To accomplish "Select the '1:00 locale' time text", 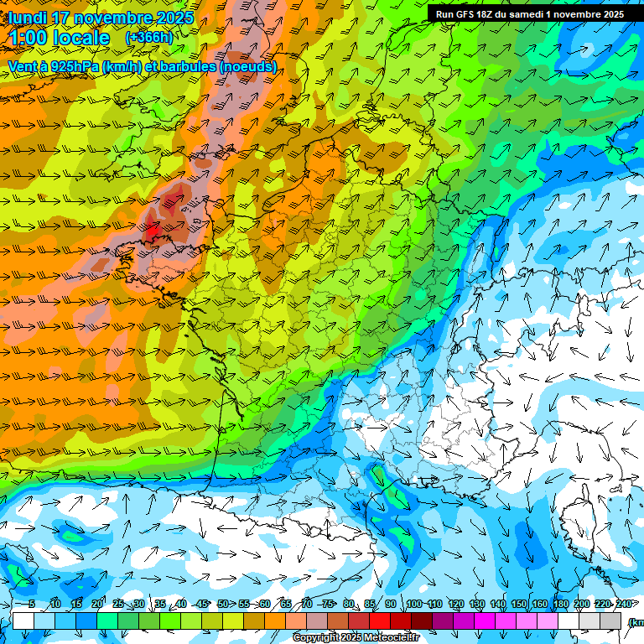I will tap(59, 39).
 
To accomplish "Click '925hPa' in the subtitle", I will tap(71, 66).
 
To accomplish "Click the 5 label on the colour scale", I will tap(32, 605).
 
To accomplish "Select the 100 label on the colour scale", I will tap(413, 605).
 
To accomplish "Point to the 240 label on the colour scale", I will tap(623, 605).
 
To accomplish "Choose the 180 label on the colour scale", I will tap(560, 605).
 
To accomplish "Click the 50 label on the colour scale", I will tap(222, 605).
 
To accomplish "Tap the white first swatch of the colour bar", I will tap(23, 621).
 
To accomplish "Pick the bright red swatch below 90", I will tap(380, 621).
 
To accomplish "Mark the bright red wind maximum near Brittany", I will tap(153, 226).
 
